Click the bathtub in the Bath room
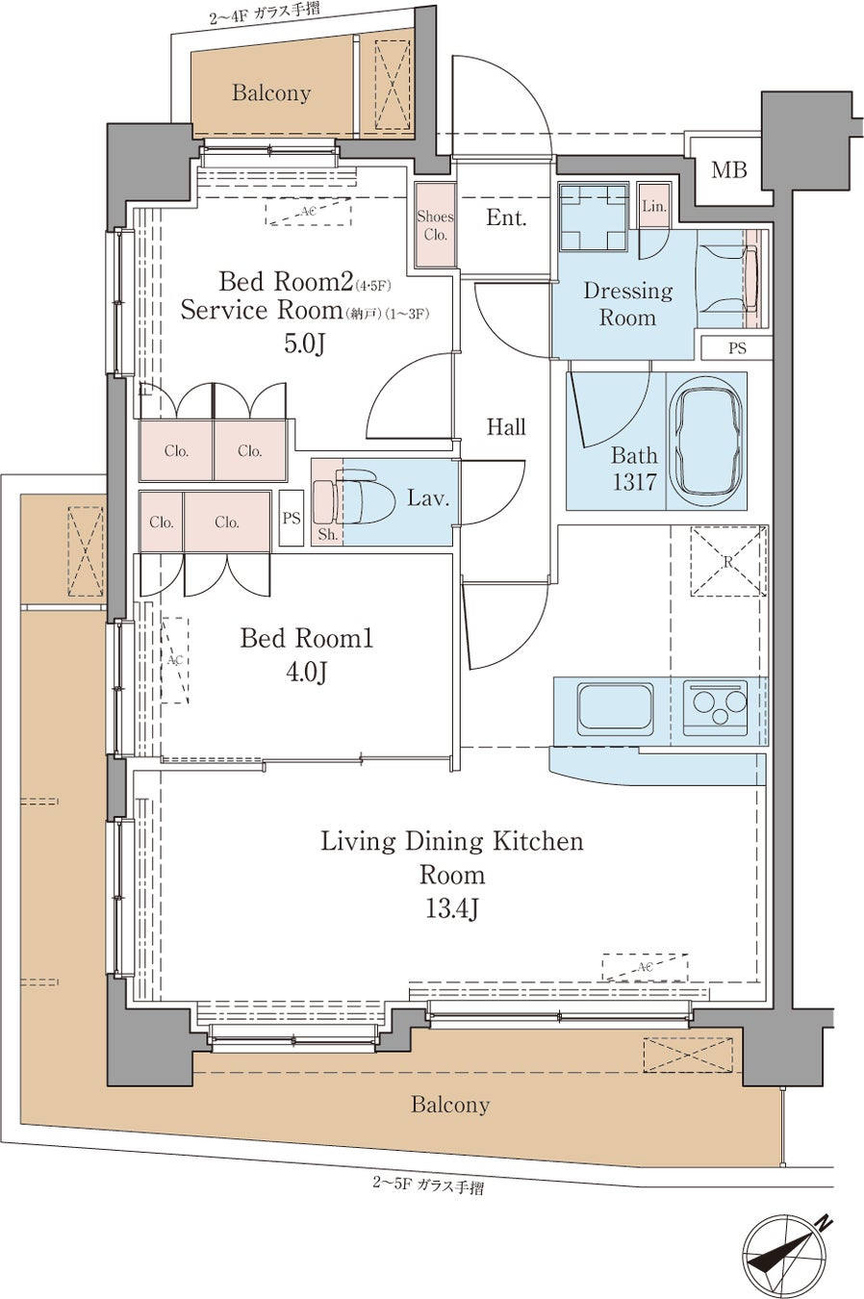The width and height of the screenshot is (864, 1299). tap(705, 441)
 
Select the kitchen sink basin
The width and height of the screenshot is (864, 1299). tap(615, 705)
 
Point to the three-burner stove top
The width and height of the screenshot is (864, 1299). tap(715, 707)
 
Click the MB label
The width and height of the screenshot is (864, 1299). tap(729, 170)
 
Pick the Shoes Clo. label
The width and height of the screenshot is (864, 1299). tap(435, 225)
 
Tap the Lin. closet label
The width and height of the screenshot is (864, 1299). tap(654, 206)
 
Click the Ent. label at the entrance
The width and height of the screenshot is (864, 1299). tap(506, 217)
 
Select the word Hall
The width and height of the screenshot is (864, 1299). tap(506, 427)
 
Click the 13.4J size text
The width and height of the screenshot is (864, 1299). tap(451, 908)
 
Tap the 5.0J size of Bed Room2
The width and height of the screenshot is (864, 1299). tap(304, 344)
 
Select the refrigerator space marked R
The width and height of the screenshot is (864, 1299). tap(728, 561)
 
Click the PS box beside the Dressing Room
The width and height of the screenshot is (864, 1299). tap(736, 348)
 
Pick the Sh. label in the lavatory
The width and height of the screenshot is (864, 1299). tap(328, 534)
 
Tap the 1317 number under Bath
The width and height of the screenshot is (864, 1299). tap(634, 482)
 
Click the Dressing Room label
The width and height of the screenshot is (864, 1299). tap(628, 304)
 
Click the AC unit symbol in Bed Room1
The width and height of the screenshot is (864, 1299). tap(174, 660)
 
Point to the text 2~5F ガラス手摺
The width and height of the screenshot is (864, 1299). tap(428, 1185)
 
